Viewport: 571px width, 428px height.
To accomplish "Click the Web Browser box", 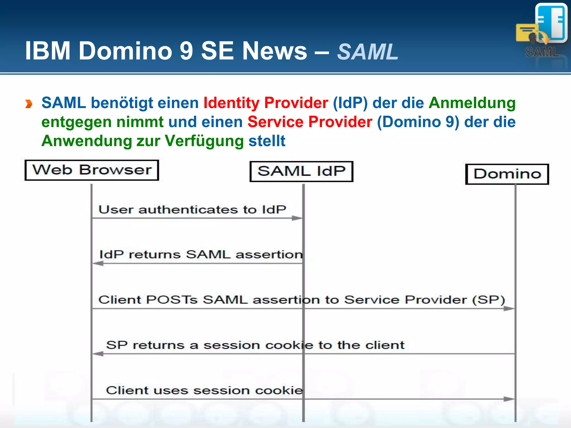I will (x=92, y=170).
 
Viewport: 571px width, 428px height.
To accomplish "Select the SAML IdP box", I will (x=301, y=171).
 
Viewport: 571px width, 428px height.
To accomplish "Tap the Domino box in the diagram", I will (x=507, y=174).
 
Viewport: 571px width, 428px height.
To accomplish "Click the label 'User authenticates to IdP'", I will (x=192, y=210).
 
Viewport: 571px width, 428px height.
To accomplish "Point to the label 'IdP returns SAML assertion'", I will (x=201, y=254).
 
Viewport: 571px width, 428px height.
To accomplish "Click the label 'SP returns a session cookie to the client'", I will (x=255, y=345).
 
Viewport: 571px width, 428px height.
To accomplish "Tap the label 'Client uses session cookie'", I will (x=204, y=390).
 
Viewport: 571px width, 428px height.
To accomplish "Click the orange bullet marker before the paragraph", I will (x=29, y=104).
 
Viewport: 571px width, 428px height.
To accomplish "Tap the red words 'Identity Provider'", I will (x=266, y=103).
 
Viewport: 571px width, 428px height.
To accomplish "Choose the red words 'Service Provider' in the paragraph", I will (x=310, y=122).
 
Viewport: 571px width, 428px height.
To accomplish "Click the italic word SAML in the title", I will (x=367, y=52).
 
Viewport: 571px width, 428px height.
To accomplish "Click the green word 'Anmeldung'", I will (x=472, y=103).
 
